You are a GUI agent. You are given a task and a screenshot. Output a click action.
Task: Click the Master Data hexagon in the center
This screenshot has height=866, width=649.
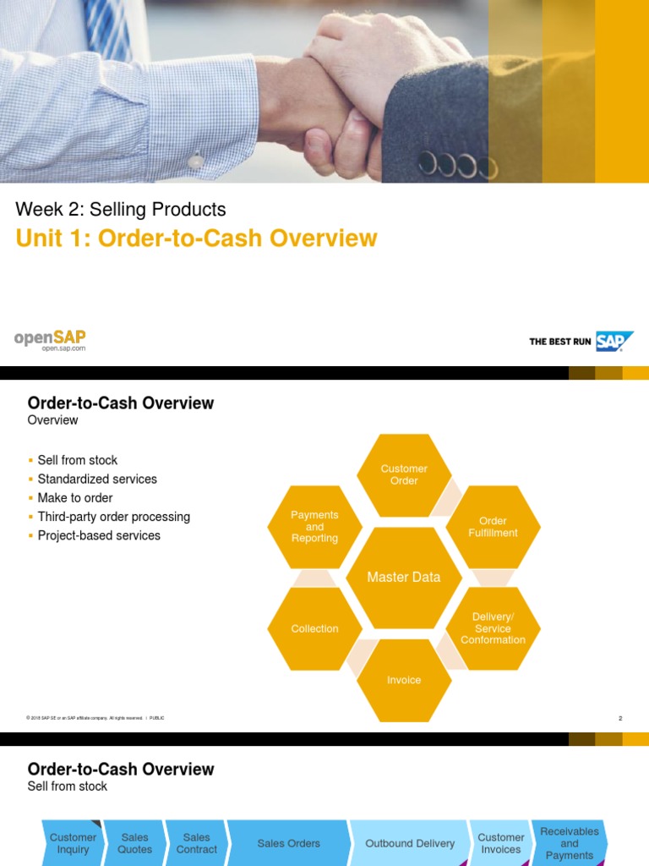pos(404,578)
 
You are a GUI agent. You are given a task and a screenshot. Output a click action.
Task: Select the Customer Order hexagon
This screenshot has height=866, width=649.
pos(404,474)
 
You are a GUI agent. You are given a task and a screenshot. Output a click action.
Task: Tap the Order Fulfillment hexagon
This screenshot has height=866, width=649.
pos(493,527)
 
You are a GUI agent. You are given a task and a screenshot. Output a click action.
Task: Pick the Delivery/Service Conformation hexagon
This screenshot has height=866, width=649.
pos(493,628)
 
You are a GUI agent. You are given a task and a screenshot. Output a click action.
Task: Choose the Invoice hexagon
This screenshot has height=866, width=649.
pos(404,680)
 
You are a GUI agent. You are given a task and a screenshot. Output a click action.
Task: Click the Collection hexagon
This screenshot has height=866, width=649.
pos(314,628)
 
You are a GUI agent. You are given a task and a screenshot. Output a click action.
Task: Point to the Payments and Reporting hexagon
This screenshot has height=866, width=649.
pos(314,527)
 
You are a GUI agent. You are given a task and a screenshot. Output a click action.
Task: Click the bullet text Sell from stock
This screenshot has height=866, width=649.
pos(78,460)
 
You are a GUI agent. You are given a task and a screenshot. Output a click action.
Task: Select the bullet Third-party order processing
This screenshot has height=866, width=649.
pos(114,517)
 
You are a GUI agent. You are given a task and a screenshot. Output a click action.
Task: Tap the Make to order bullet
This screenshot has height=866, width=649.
pos(75,498)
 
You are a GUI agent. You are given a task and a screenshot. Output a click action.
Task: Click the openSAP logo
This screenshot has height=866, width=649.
pos(50,340)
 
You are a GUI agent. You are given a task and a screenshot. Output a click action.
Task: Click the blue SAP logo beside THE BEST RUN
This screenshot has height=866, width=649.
pos(614,341)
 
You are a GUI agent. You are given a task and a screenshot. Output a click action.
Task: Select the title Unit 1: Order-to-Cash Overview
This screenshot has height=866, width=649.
pos(196,238)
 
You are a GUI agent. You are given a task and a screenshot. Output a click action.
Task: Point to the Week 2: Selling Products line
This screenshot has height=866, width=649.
pos(121,209)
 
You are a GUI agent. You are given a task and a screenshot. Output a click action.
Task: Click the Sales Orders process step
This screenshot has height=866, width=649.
pos(289,843)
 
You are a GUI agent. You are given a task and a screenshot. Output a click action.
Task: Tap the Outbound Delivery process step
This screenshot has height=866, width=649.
pos(410,843)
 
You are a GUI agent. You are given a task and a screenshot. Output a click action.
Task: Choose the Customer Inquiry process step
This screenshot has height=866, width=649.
pos(74,843)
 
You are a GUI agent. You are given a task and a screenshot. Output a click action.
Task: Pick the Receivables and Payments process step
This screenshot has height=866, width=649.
pos(570,843)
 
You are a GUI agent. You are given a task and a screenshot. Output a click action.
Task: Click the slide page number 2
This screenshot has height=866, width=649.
pos(620,718)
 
